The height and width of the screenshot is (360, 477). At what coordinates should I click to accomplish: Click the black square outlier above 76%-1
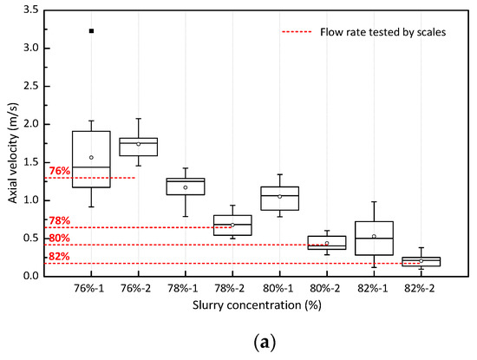pyautogui.click(x=91, y=31)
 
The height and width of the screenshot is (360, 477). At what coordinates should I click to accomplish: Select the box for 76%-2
pyautogui.click(x=138, y=147)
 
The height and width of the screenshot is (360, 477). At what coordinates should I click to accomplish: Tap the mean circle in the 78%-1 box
pyautogui.click(x=185, y=187)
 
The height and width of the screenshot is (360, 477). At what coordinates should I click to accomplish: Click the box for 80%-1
pyautogui.click(x=279, y=199)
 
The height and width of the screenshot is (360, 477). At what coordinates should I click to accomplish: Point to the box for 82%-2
pyautogui.click(x=421, y=261)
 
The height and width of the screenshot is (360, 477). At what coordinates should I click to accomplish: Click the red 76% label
pyautogui.click(x=60, y=171)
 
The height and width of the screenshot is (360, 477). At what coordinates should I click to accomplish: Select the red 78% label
pyautogui.click(x=60, y=221)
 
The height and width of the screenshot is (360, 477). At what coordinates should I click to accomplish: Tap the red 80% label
pyautogui.click(x=60, y=239)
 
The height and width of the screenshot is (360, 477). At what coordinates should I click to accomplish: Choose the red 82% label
pyautogui.click(x=60, y=257)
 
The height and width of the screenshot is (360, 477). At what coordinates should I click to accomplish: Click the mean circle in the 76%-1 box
pyautogui.click(x=91, y=157)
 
